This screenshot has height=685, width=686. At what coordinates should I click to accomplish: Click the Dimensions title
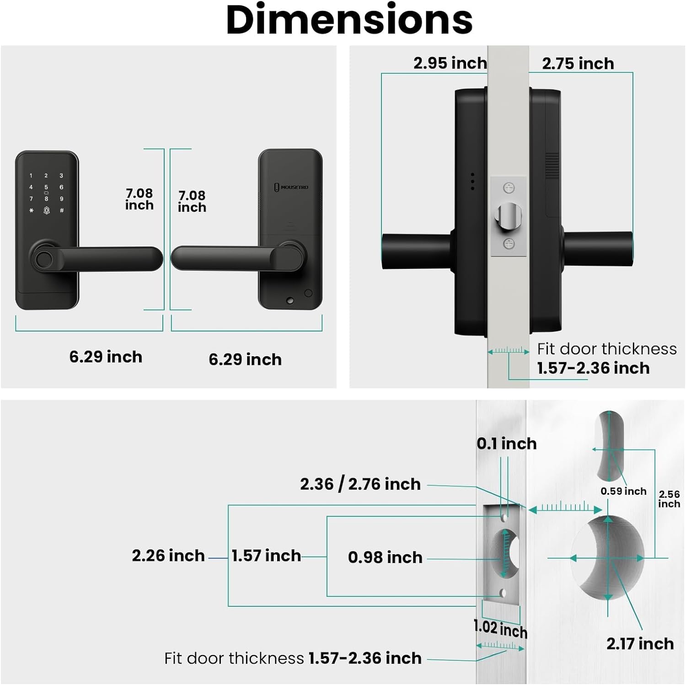coord(349,20)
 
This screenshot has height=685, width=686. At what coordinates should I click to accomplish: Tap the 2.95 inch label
coord(450,63)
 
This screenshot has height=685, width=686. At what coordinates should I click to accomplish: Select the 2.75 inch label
coord(578,64)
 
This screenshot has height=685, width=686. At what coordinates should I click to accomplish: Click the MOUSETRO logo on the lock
coord(291,187)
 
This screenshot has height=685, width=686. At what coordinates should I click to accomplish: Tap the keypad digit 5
coord(46,187)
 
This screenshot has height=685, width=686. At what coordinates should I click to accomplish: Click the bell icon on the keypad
coord(46,210)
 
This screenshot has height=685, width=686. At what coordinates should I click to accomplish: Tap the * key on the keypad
coord(31,210)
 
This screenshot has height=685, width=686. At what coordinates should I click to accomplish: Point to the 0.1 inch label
coord(507,444)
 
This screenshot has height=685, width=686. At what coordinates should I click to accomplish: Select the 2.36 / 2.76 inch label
coord(360,484)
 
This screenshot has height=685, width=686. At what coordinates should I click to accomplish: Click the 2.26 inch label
coord(168,556)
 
